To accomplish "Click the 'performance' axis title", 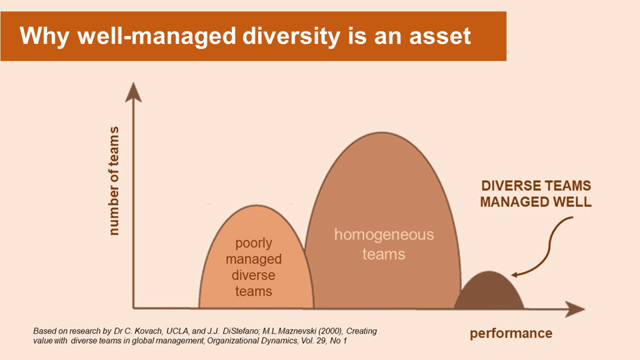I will pos(511,333).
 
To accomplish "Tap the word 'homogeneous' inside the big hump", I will pos(383,235).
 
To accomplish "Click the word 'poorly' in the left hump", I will pos(253,243).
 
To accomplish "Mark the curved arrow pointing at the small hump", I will pos(547,250).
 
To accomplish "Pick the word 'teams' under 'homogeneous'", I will pos(383,255).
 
